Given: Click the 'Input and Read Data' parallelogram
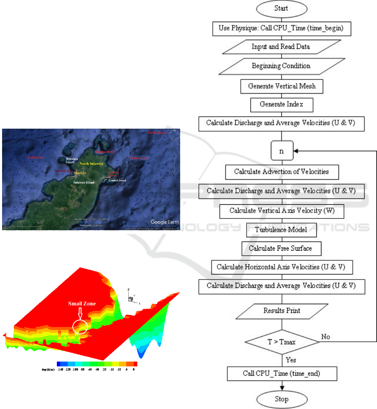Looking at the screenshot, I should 281,47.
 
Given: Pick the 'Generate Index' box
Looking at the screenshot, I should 282,104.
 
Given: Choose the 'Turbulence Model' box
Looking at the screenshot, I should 282,230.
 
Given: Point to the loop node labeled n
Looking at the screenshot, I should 281,152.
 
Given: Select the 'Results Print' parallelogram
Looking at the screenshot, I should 281,310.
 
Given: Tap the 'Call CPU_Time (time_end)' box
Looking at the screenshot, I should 282,373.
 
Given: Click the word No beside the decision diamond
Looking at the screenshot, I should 326,336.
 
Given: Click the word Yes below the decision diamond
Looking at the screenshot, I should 291,359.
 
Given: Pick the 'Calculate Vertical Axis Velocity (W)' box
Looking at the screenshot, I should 282,211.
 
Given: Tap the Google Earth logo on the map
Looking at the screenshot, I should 164,222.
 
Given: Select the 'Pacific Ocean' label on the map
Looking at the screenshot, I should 157,133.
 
